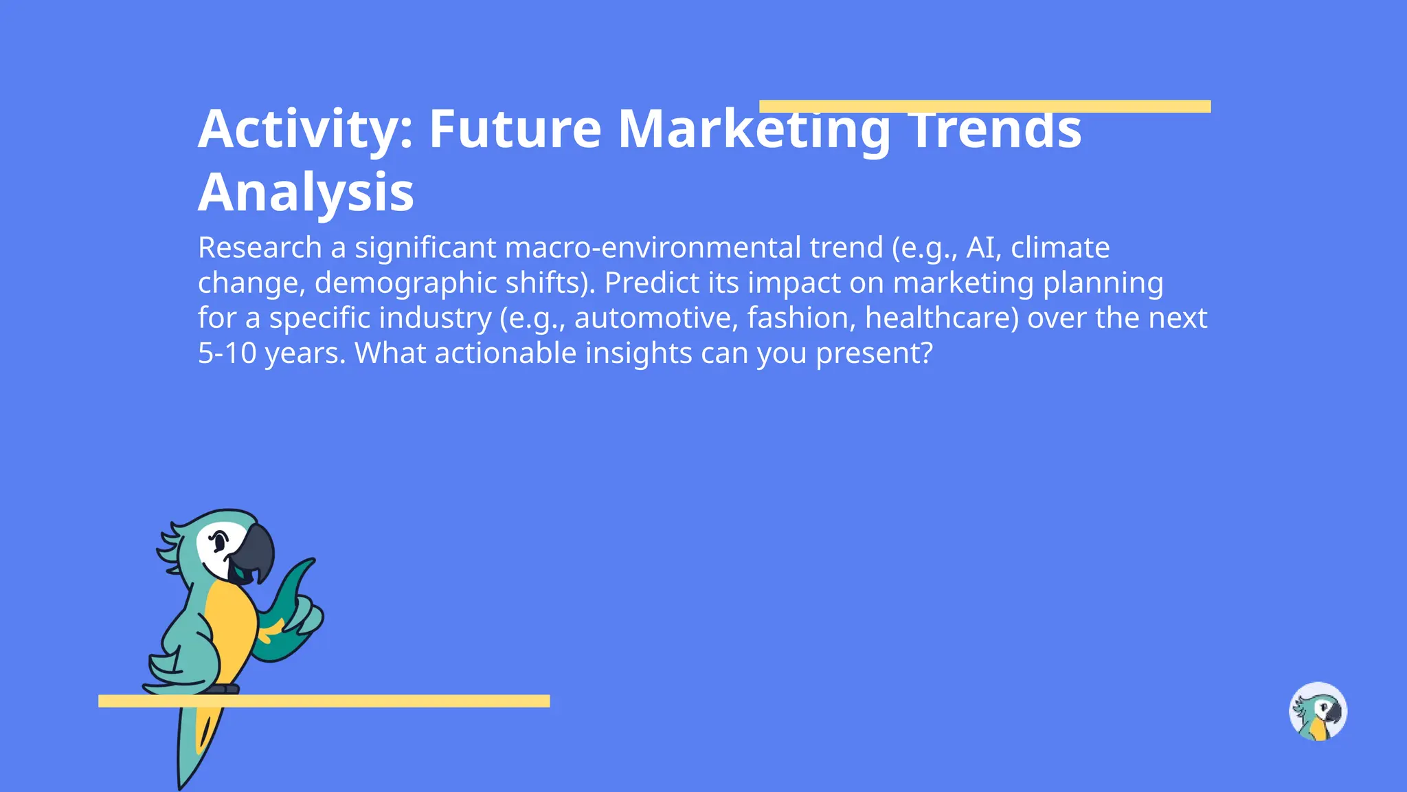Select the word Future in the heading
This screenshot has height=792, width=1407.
[x=515, y=129]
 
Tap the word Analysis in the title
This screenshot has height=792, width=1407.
[x=306, y=192]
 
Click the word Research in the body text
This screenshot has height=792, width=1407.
[x=260, y=247]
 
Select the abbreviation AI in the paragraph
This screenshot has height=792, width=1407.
[x=980, y=247]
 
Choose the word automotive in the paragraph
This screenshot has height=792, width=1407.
[x=653, y=318]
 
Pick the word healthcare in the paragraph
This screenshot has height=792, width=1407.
[x=941, y=318]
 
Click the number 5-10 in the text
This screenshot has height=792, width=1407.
[x=227, y=353]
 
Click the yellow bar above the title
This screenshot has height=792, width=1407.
[x=984, y=106]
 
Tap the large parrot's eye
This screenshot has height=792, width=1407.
[x=219, y=541]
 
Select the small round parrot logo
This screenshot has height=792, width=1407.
[x=1318, y=711]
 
